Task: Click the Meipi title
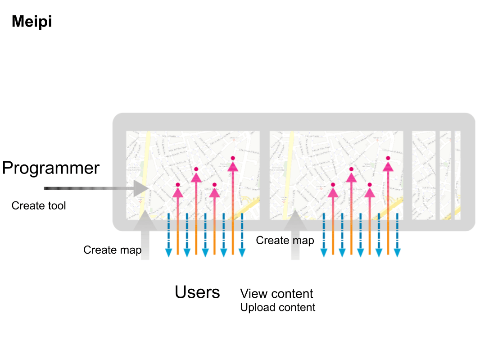[x=32, y=22]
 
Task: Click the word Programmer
[x=50, y=168]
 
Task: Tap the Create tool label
[x=39, y=206]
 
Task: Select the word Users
[x=197, y=292]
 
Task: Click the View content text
[x=276, y=294]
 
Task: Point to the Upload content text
[x=278, y=308]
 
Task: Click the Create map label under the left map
[x=112, y=250]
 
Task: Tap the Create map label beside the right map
[x=285, y=241]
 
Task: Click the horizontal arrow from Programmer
[x=95, y=188]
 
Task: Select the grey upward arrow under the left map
[x=145, y=234]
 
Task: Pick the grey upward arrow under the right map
[x=295, y=234]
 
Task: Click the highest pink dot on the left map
[x=233, y=158]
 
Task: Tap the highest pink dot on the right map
[x=388, y=158]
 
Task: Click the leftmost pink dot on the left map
[x=178, y=185]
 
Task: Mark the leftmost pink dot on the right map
[x=333, y=185]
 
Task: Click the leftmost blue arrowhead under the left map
[x=168, y=253]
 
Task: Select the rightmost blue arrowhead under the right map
[x=397, y=253]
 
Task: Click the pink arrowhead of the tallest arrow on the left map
[x=233, y=166]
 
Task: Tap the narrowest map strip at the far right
[x=457, y=175]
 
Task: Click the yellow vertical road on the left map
[x=145, y=171]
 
